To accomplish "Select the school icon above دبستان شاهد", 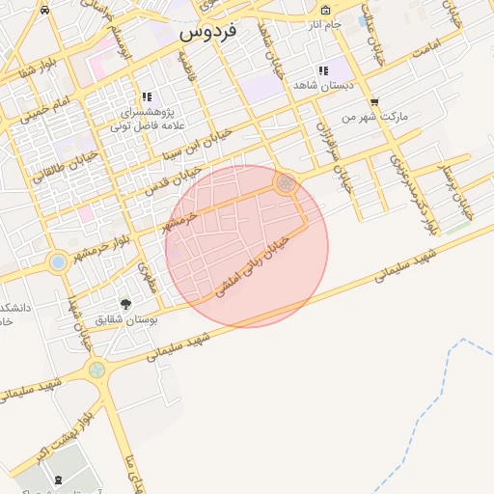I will (322, 70).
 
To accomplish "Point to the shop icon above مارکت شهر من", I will (373, 101).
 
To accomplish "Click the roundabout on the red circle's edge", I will (285, 182).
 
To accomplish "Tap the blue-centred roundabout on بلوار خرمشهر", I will (58, 261).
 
